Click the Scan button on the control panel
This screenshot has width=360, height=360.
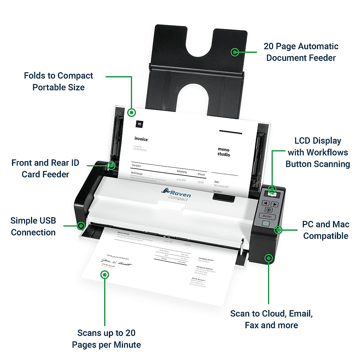tap(267, 216)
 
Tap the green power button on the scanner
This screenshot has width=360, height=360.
tap(265, 223)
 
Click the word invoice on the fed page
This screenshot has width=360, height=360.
tap(141, 139)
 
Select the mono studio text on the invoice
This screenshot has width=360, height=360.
tap(224, 152)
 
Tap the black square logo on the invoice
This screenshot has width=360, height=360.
tap(139, 124)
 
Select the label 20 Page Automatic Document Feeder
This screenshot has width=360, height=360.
tap(301, 52)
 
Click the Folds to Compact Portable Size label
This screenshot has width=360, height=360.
tap(58, 81)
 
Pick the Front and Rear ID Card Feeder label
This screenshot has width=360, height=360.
tap(45, 168)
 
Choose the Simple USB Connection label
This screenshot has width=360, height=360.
tap(33, 226)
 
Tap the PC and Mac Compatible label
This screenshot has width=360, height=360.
tap(325, 230)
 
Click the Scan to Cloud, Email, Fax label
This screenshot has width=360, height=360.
tap(271, 319)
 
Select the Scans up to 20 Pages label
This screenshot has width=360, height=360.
tap(106, 339)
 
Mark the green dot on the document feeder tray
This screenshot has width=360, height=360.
tap(235, 52)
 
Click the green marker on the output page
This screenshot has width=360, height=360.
tap(104, 274)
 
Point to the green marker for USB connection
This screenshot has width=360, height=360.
tap(81, 226)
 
